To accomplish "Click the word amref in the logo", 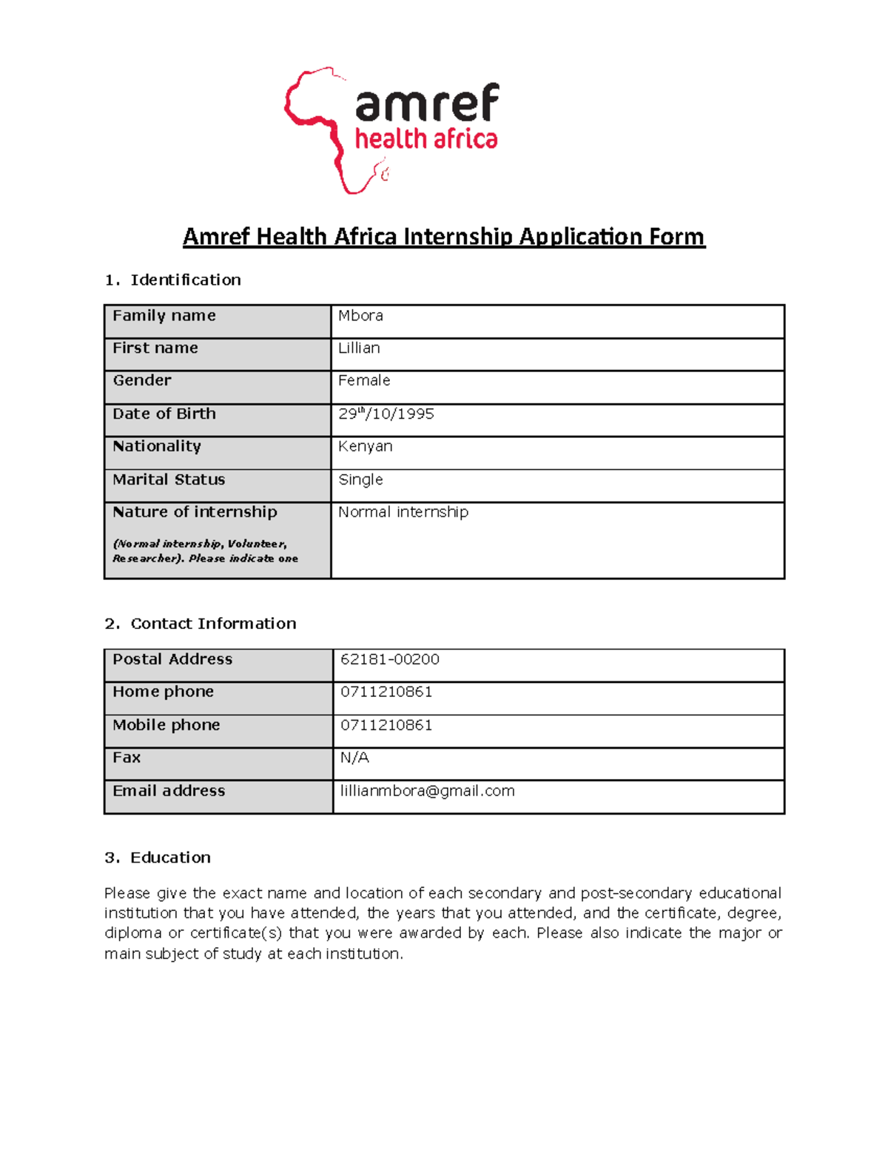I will [x=427, y=103].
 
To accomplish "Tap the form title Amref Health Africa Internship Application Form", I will [x=443, y=237].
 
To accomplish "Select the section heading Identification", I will [x=185, y=280].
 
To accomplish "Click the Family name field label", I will [x=164, y=315].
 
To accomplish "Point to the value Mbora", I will [x=360, y=315].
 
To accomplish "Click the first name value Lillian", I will [x=359, y=348].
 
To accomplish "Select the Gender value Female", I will [x=364, y=380].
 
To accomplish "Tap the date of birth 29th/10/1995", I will [x=386, y=414].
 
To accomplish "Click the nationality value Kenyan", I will [x=365, y=446].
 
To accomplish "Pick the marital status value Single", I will [x=360, y=479].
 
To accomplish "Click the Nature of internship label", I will [x=195, y=512].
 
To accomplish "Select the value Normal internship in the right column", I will [x=403, y=512].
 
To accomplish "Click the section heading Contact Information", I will [x=213, y=624].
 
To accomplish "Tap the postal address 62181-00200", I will [x=389, y=659].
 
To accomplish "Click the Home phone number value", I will [x=386, y=692].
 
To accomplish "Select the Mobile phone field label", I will [x=166, y=725].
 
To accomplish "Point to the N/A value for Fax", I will [x=354, y=758].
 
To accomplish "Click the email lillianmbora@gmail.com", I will [x=427, y=791].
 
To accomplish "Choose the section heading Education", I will [x=170, y=857].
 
